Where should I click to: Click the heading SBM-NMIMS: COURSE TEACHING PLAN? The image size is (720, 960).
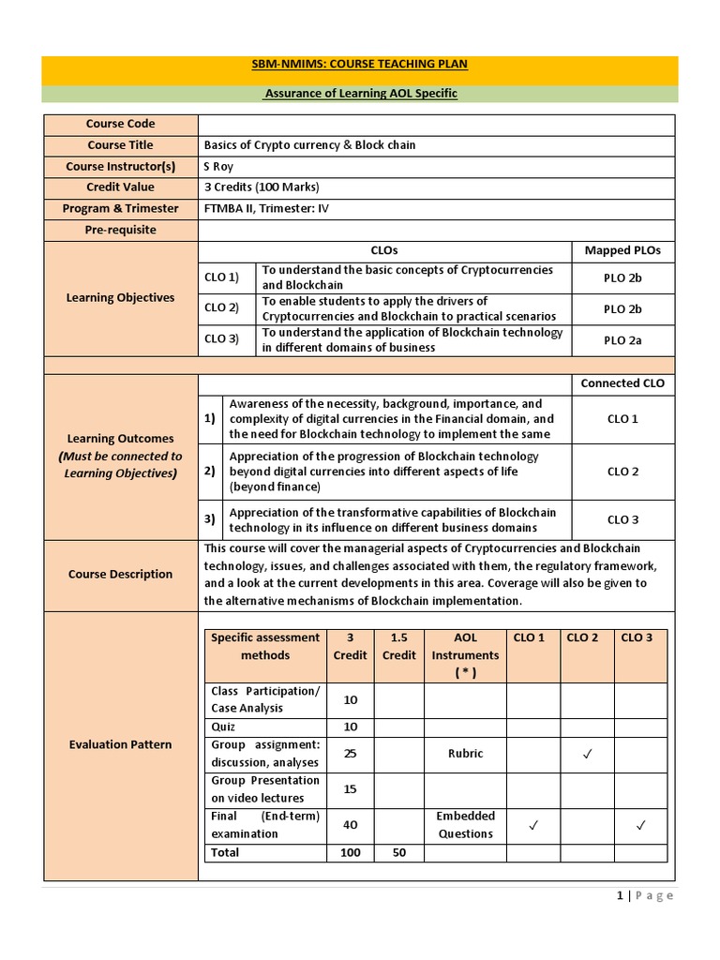(359, 64)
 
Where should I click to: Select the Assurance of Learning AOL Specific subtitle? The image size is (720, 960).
(360, 94)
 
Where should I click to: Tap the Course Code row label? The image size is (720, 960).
(120, 124)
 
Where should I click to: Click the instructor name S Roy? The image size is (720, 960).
(218, 166)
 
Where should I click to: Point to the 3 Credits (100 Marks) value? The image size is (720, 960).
(251, 187)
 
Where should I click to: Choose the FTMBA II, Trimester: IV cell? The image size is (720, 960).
(261, 208)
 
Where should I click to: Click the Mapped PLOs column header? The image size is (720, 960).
(622, 250)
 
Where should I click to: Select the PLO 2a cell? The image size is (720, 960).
(622, 339)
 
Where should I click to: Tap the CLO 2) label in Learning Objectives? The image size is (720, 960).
(222, 307)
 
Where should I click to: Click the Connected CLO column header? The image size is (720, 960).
(622, 383)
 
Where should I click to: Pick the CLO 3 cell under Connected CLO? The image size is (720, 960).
(622, 519)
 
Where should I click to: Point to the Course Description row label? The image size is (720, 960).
(120, 574)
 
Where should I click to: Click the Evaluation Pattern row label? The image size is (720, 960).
(120, 744)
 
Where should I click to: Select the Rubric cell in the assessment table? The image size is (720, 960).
(466, 753)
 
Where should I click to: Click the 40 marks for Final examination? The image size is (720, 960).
(351, 824)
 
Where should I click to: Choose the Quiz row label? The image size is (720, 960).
(223, 727)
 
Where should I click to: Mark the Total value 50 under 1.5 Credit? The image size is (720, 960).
(398, 852)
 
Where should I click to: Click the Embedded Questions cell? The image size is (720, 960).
(466, 824)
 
